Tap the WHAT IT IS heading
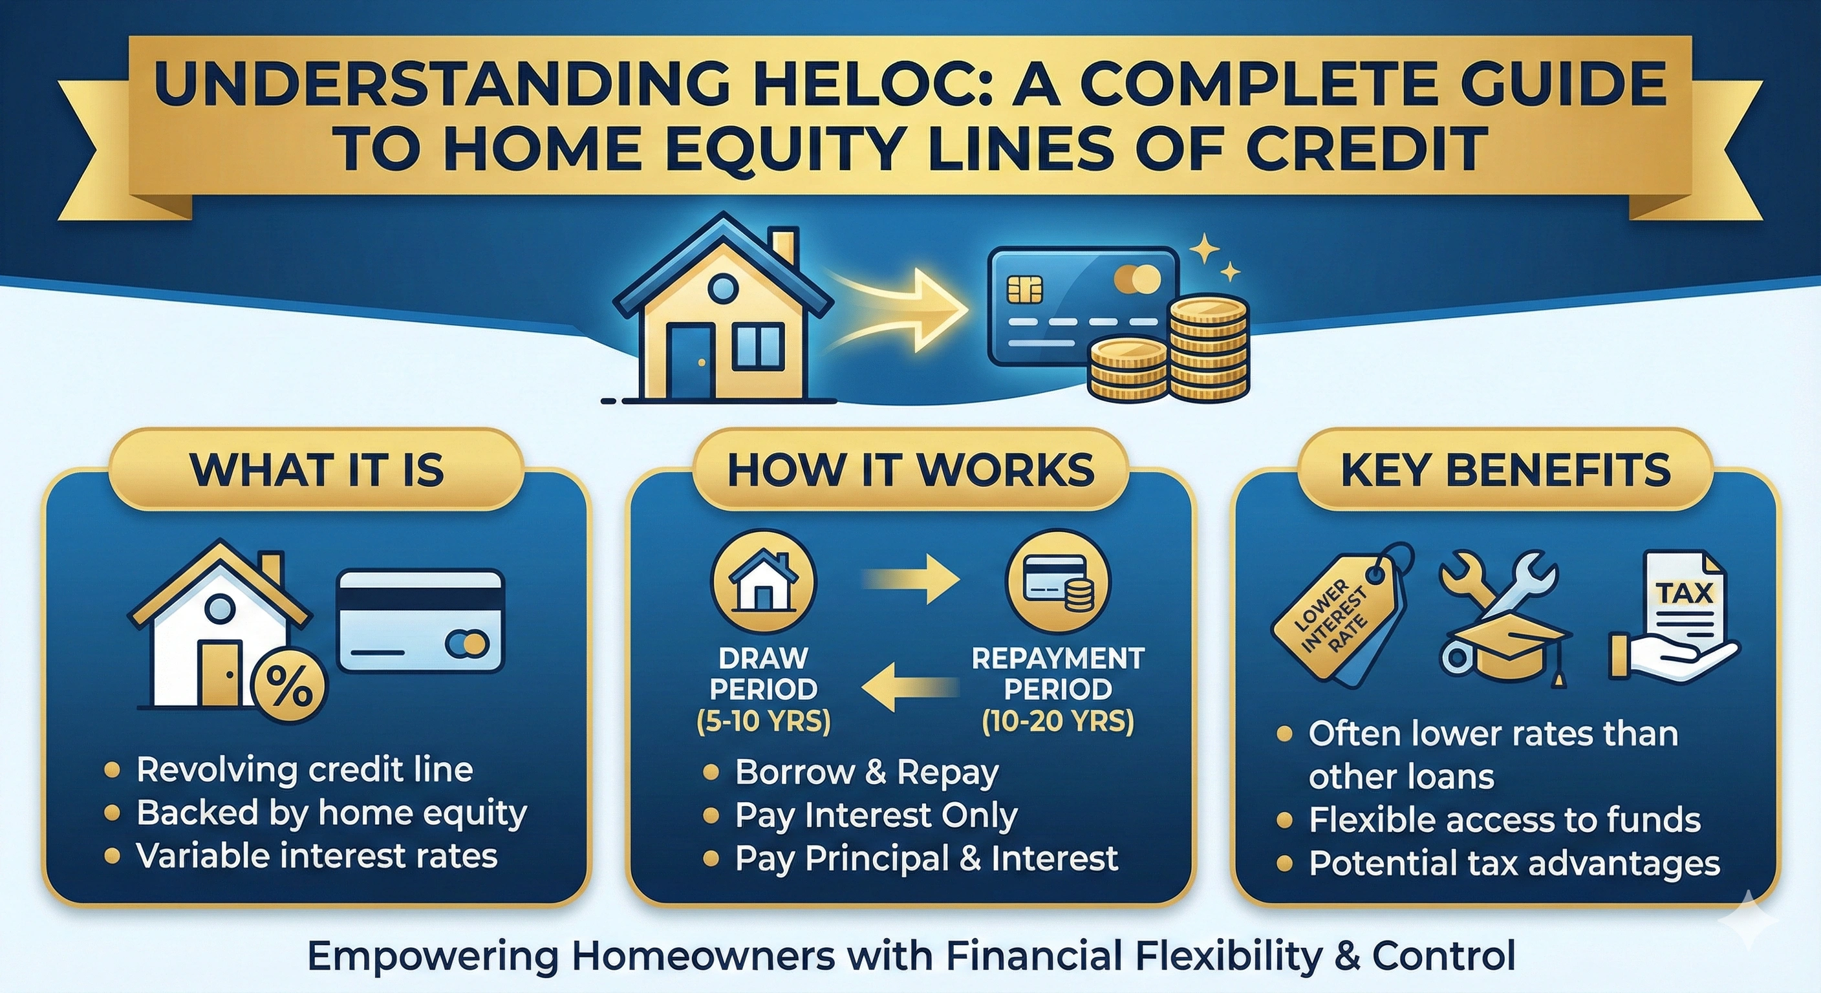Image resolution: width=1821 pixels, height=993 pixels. [x=317, y=470]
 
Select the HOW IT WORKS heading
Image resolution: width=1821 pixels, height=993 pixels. [x=910, y=470]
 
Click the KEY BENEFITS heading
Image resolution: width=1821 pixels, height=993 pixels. [x=1505, y=470]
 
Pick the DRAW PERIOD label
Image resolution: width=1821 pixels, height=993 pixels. [x=764, y=673]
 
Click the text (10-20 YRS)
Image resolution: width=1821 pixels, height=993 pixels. [x=1057, y=721]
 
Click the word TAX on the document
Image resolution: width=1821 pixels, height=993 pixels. [x=1685, y=593]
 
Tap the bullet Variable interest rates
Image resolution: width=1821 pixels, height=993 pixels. [x=317, y=857]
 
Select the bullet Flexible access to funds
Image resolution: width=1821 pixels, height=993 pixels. [x=1504, y=820]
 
